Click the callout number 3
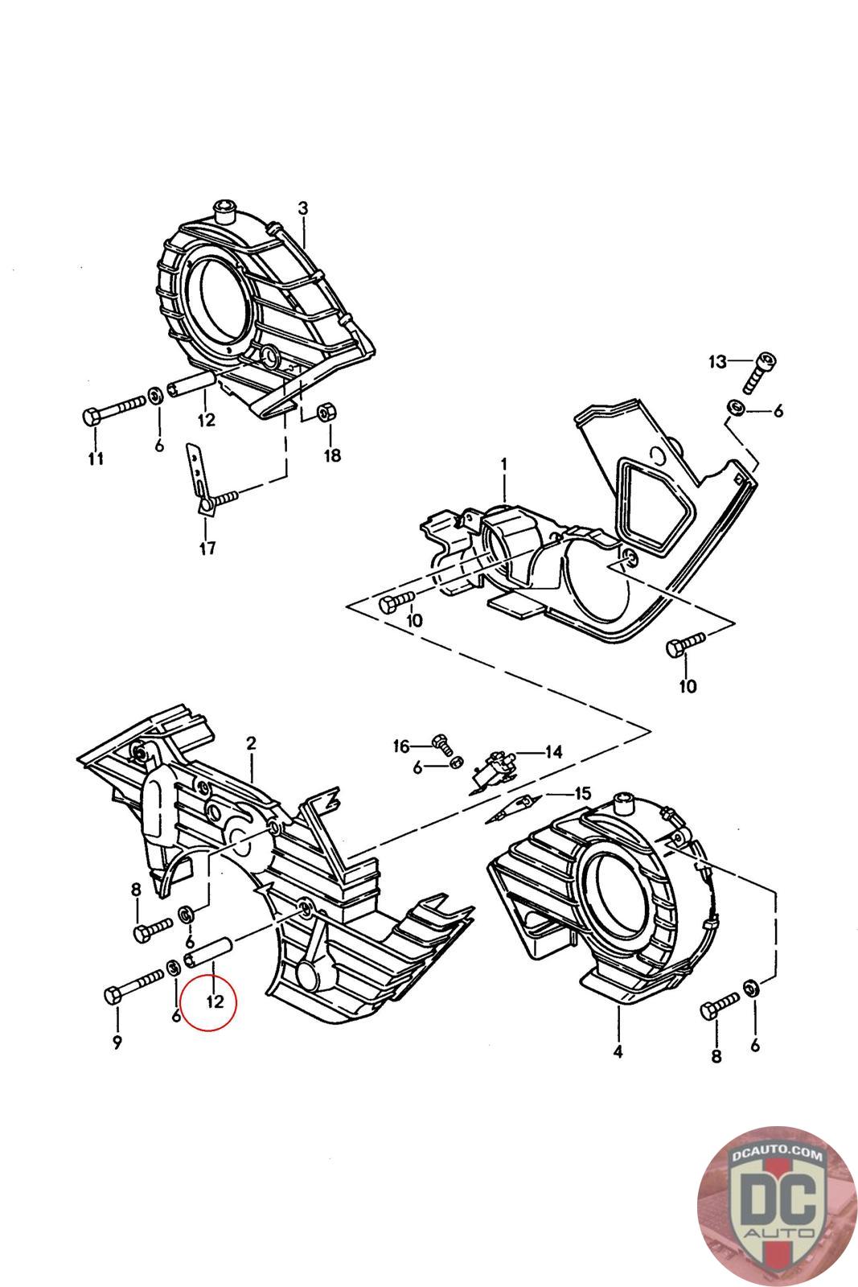302,208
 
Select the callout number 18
332,455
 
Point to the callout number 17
207,548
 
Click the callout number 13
717,361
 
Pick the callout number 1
503,463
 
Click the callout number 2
251,743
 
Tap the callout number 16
401,746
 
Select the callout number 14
553,751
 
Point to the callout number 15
581,793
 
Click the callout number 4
618,1051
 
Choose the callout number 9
117,1042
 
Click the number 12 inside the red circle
214,1001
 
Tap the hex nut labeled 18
326,411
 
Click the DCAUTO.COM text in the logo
777,1154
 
